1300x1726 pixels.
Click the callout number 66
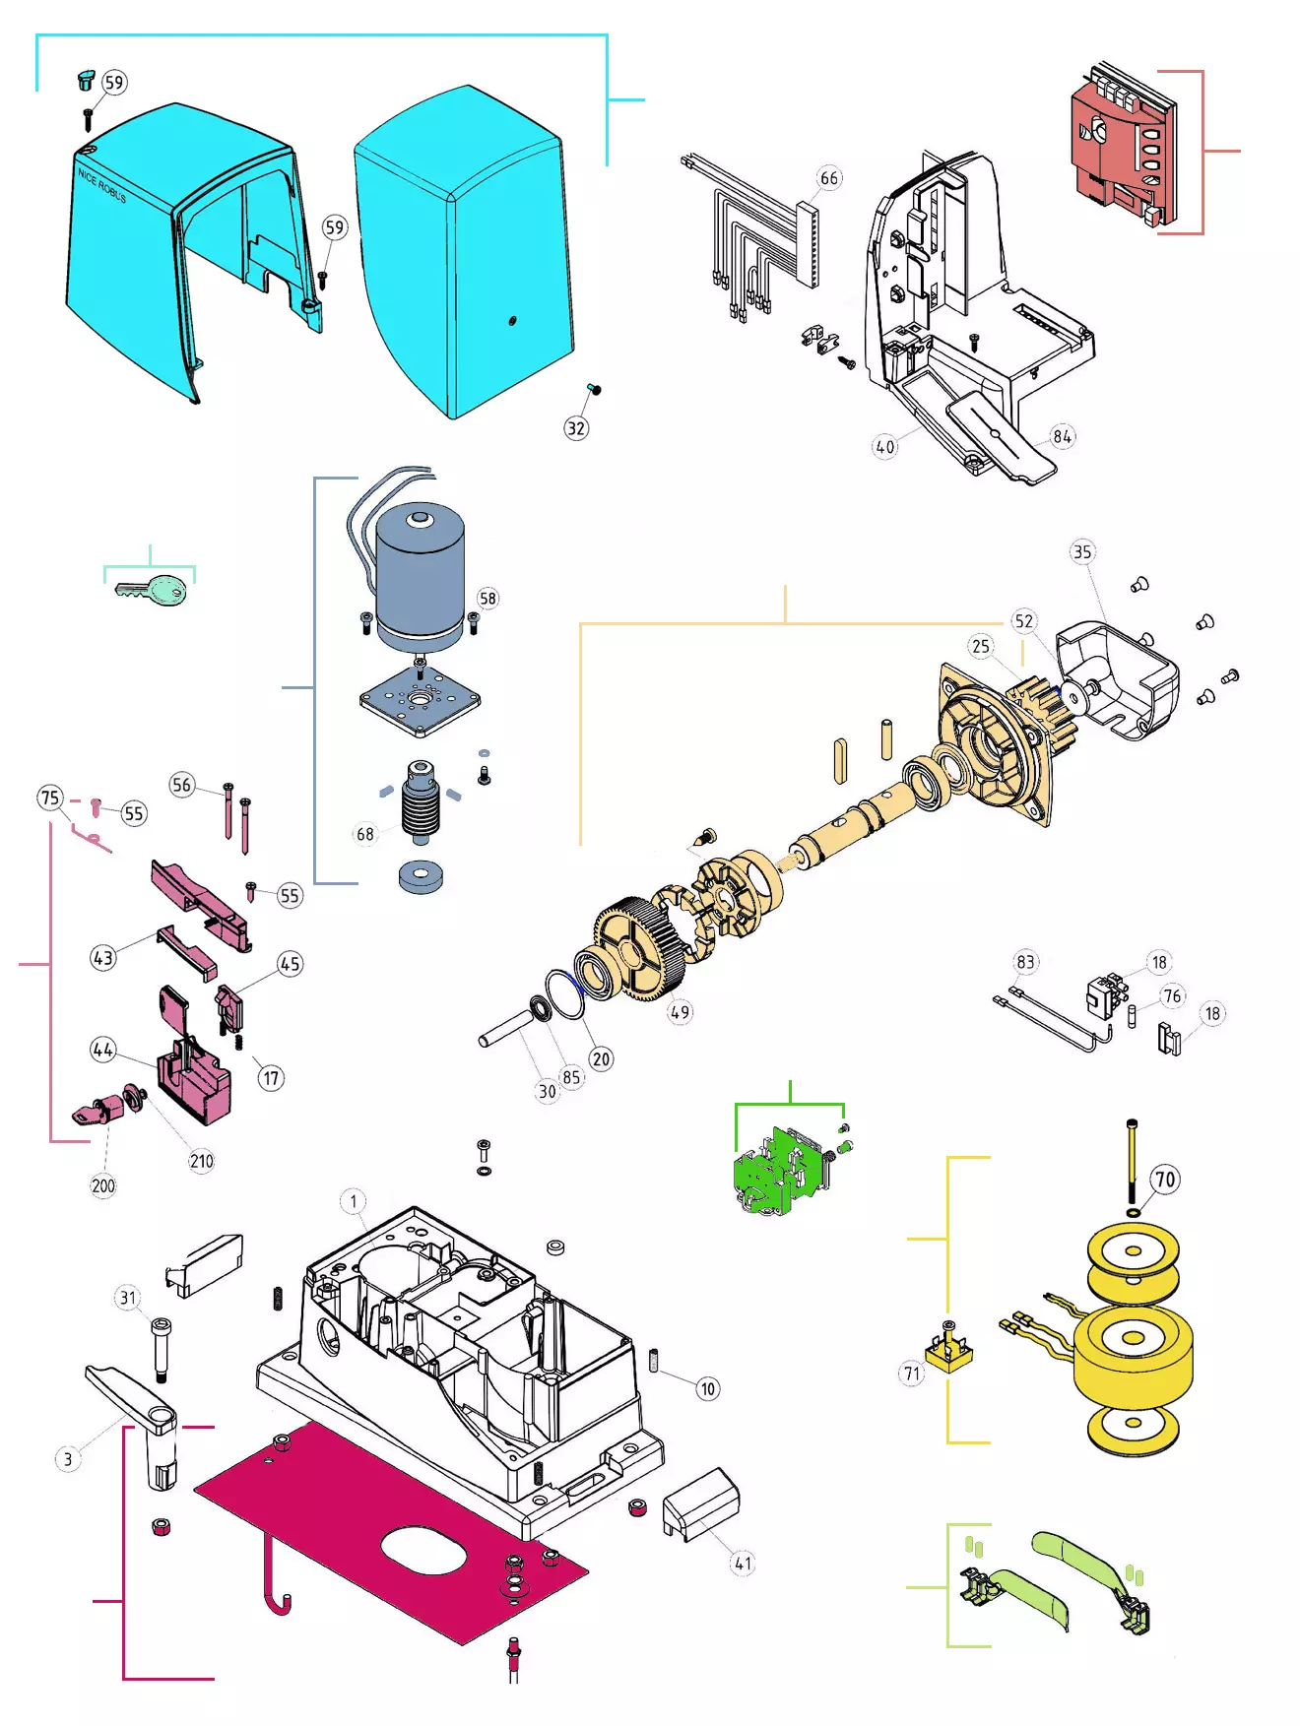point(829,178)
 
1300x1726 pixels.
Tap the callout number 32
point(576,428)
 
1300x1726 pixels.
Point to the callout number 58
point(487,599)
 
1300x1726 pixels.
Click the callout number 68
point(365,834)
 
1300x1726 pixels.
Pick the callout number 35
point(1082,552)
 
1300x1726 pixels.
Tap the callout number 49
point(680,1012)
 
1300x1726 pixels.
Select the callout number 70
point(1165,1180)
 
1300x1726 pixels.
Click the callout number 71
point(912,1374)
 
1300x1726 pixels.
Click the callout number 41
point(743,1563)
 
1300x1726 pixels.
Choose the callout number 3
point(67,1459)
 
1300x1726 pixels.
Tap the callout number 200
point(103,1185)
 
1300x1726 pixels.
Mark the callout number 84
point(1062,436)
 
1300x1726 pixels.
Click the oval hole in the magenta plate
point(424,1550)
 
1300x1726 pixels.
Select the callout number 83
point(1026,962)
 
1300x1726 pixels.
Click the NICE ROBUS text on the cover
point(102,185)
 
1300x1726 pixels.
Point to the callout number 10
point(708,1389)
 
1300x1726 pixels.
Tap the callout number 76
point(1172,996)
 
